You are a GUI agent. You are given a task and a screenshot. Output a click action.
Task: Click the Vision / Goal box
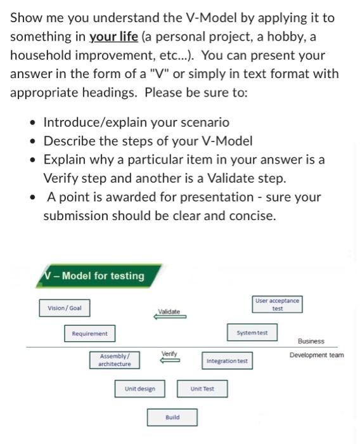click(65, 308)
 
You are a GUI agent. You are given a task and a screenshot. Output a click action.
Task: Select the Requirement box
click(89, 334)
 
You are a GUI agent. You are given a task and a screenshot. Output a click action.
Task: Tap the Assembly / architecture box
click(115, 360)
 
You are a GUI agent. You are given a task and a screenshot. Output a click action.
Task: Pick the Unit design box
click(139, 388)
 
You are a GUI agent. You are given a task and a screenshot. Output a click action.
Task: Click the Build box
click(172, 417)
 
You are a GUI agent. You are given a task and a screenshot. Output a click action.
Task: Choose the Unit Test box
click(203, 388)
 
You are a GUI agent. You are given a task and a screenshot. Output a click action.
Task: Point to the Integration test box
click(227, 362)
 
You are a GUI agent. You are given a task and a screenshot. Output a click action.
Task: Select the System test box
click(252, 333)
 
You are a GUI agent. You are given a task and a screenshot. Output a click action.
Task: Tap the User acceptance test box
click(278, 304)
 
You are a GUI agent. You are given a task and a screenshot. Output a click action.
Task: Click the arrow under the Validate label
click(170, 317)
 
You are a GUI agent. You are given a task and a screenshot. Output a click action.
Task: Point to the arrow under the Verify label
click(169, 360)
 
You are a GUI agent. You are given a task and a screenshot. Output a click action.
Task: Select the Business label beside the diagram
click(311, 341)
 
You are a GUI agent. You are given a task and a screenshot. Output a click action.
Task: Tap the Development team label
click(316, 355)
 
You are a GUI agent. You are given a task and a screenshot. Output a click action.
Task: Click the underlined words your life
click(114, 37)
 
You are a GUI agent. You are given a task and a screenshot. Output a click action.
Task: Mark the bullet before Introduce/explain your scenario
click(31, 122)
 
